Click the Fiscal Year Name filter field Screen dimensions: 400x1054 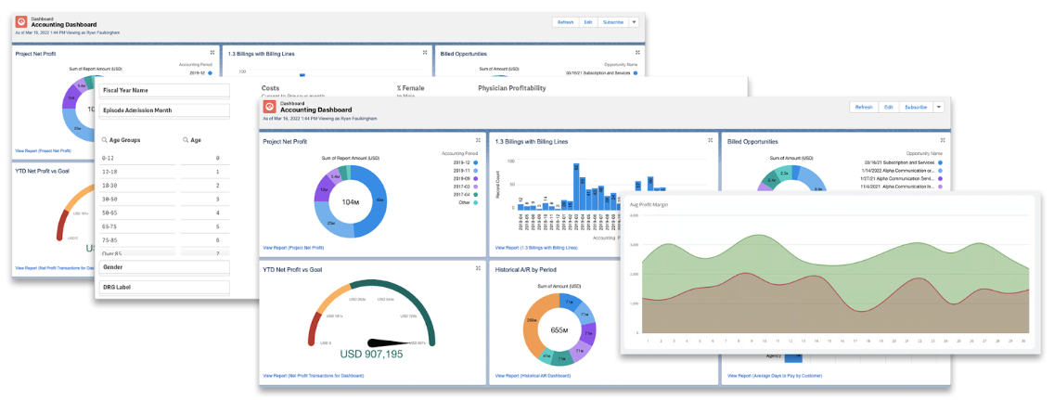click(x=164, y=90)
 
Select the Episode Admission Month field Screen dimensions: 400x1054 click(x=164, y=110)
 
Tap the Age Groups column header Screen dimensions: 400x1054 click(x=124, y=140)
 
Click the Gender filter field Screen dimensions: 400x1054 click(x=164, y=267)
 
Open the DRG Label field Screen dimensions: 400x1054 click(x=164, y=287)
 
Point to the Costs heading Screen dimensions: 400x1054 click(x=271, y=88)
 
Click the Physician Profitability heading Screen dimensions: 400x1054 click(x=511, y=88)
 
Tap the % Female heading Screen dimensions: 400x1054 click(x=414, y=88)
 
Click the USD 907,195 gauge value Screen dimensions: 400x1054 click(x=371, y=354)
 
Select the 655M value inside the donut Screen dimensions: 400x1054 click(x=559, y=330)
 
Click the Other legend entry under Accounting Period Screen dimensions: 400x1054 click(x=464, y=202)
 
